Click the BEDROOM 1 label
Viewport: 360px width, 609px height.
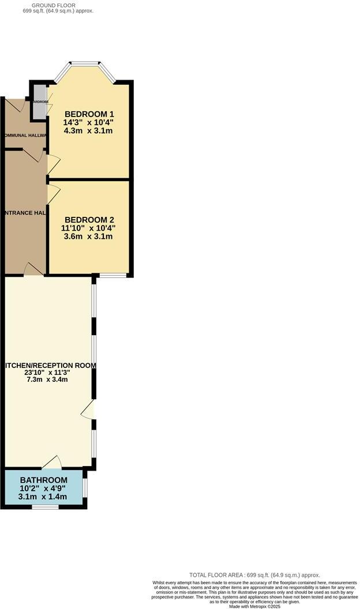[x=89, y=114]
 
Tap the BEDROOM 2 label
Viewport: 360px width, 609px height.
[x=89, y=220]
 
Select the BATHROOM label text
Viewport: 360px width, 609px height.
[x=43, y=480]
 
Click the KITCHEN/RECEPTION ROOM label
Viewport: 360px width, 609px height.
[x=48, y=365]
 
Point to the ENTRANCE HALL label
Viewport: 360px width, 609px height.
[x=24, y=213]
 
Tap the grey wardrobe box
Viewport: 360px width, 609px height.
[x=40, y=103]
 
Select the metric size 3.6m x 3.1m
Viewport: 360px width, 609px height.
[x=89, y=236]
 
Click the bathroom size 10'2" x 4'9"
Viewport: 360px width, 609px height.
[x=43, y=488]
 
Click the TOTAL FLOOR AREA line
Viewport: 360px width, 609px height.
[x=254, y=575]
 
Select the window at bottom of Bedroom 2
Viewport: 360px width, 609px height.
[x=112, y=275]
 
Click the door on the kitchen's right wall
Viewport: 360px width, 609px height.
[x=88, y=411]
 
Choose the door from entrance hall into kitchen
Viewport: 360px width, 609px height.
[x=35, y=269]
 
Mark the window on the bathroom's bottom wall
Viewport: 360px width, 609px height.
[x=45, y=507]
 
